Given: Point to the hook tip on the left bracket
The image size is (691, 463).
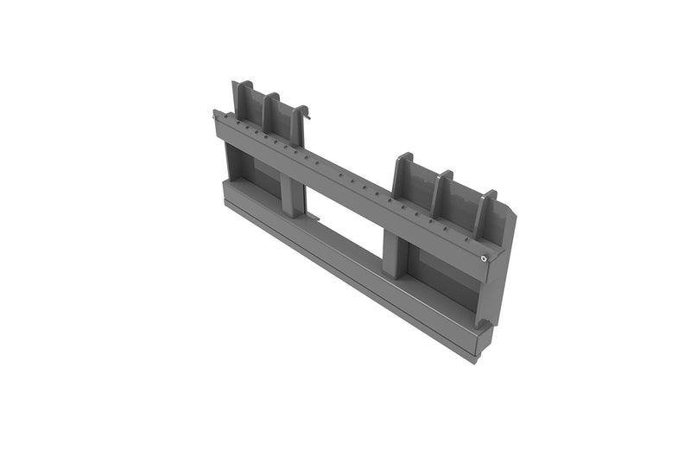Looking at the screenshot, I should [306, 110].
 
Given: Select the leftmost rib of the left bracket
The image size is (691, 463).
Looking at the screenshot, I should [238, 99].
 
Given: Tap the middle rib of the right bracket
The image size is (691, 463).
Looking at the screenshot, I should [442, 195].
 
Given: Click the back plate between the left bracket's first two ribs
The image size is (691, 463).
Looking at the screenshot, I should [253, 102].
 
